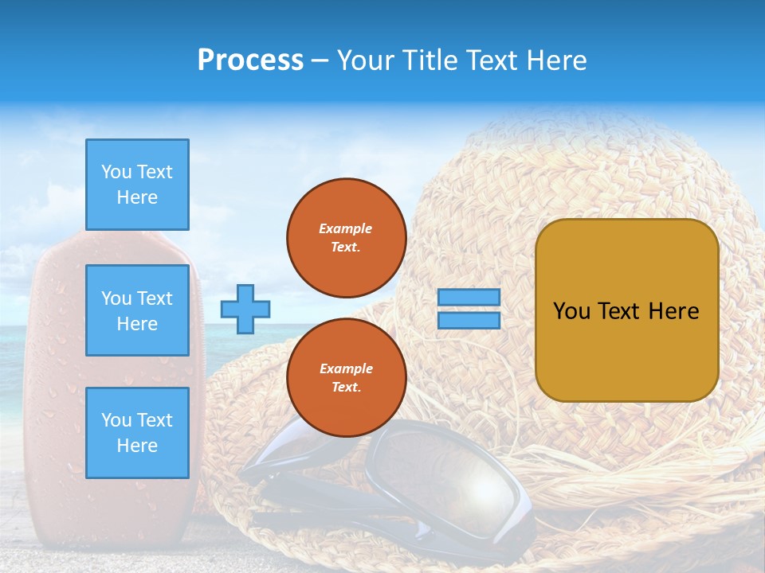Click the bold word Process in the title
click(x=250, y=60)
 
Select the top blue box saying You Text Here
click(x=137, y=185)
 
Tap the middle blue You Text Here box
click(x=137, y=310)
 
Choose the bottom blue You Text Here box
click(x=137, y=433)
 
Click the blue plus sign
click(x=245, y=309)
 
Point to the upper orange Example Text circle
click(x=347, y=237)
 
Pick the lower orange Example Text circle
click(x=347, y=377)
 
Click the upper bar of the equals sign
click(x=469, y=297)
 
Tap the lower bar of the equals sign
click(x=469, y=320)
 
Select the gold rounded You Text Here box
click(x=626, y=310)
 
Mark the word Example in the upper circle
click(x=346, y=228)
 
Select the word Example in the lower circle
click(x=346, y=368)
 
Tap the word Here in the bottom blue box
click(x=137, y=446)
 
